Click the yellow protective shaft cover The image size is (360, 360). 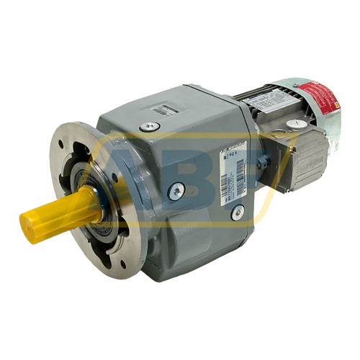58,213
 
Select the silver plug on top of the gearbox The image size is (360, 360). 149,127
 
